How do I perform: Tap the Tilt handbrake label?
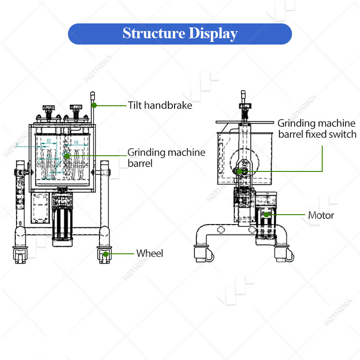click(160, 106)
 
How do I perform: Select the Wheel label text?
click(150, 253)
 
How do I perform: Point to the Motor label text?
click(321, 215)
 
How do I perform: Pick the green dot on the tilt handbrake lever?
click(94, 105)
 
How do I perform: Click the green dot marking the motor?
click(267, 215)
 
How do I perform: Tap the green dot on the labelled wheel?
click(106, 254)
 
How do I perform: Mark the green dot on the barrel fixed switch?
click(239, 171)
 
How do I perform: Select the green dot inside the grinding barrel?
click(67, 156)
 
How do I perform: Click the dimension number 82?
click(48, 141)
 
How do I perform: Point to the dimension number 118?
click(76, 142)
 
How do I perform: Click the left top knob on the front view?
click(49, 108)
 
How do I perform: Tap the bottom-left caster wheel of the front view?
click(20, 256)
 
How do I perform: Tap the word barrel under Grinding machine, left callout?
click(140, 163)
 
